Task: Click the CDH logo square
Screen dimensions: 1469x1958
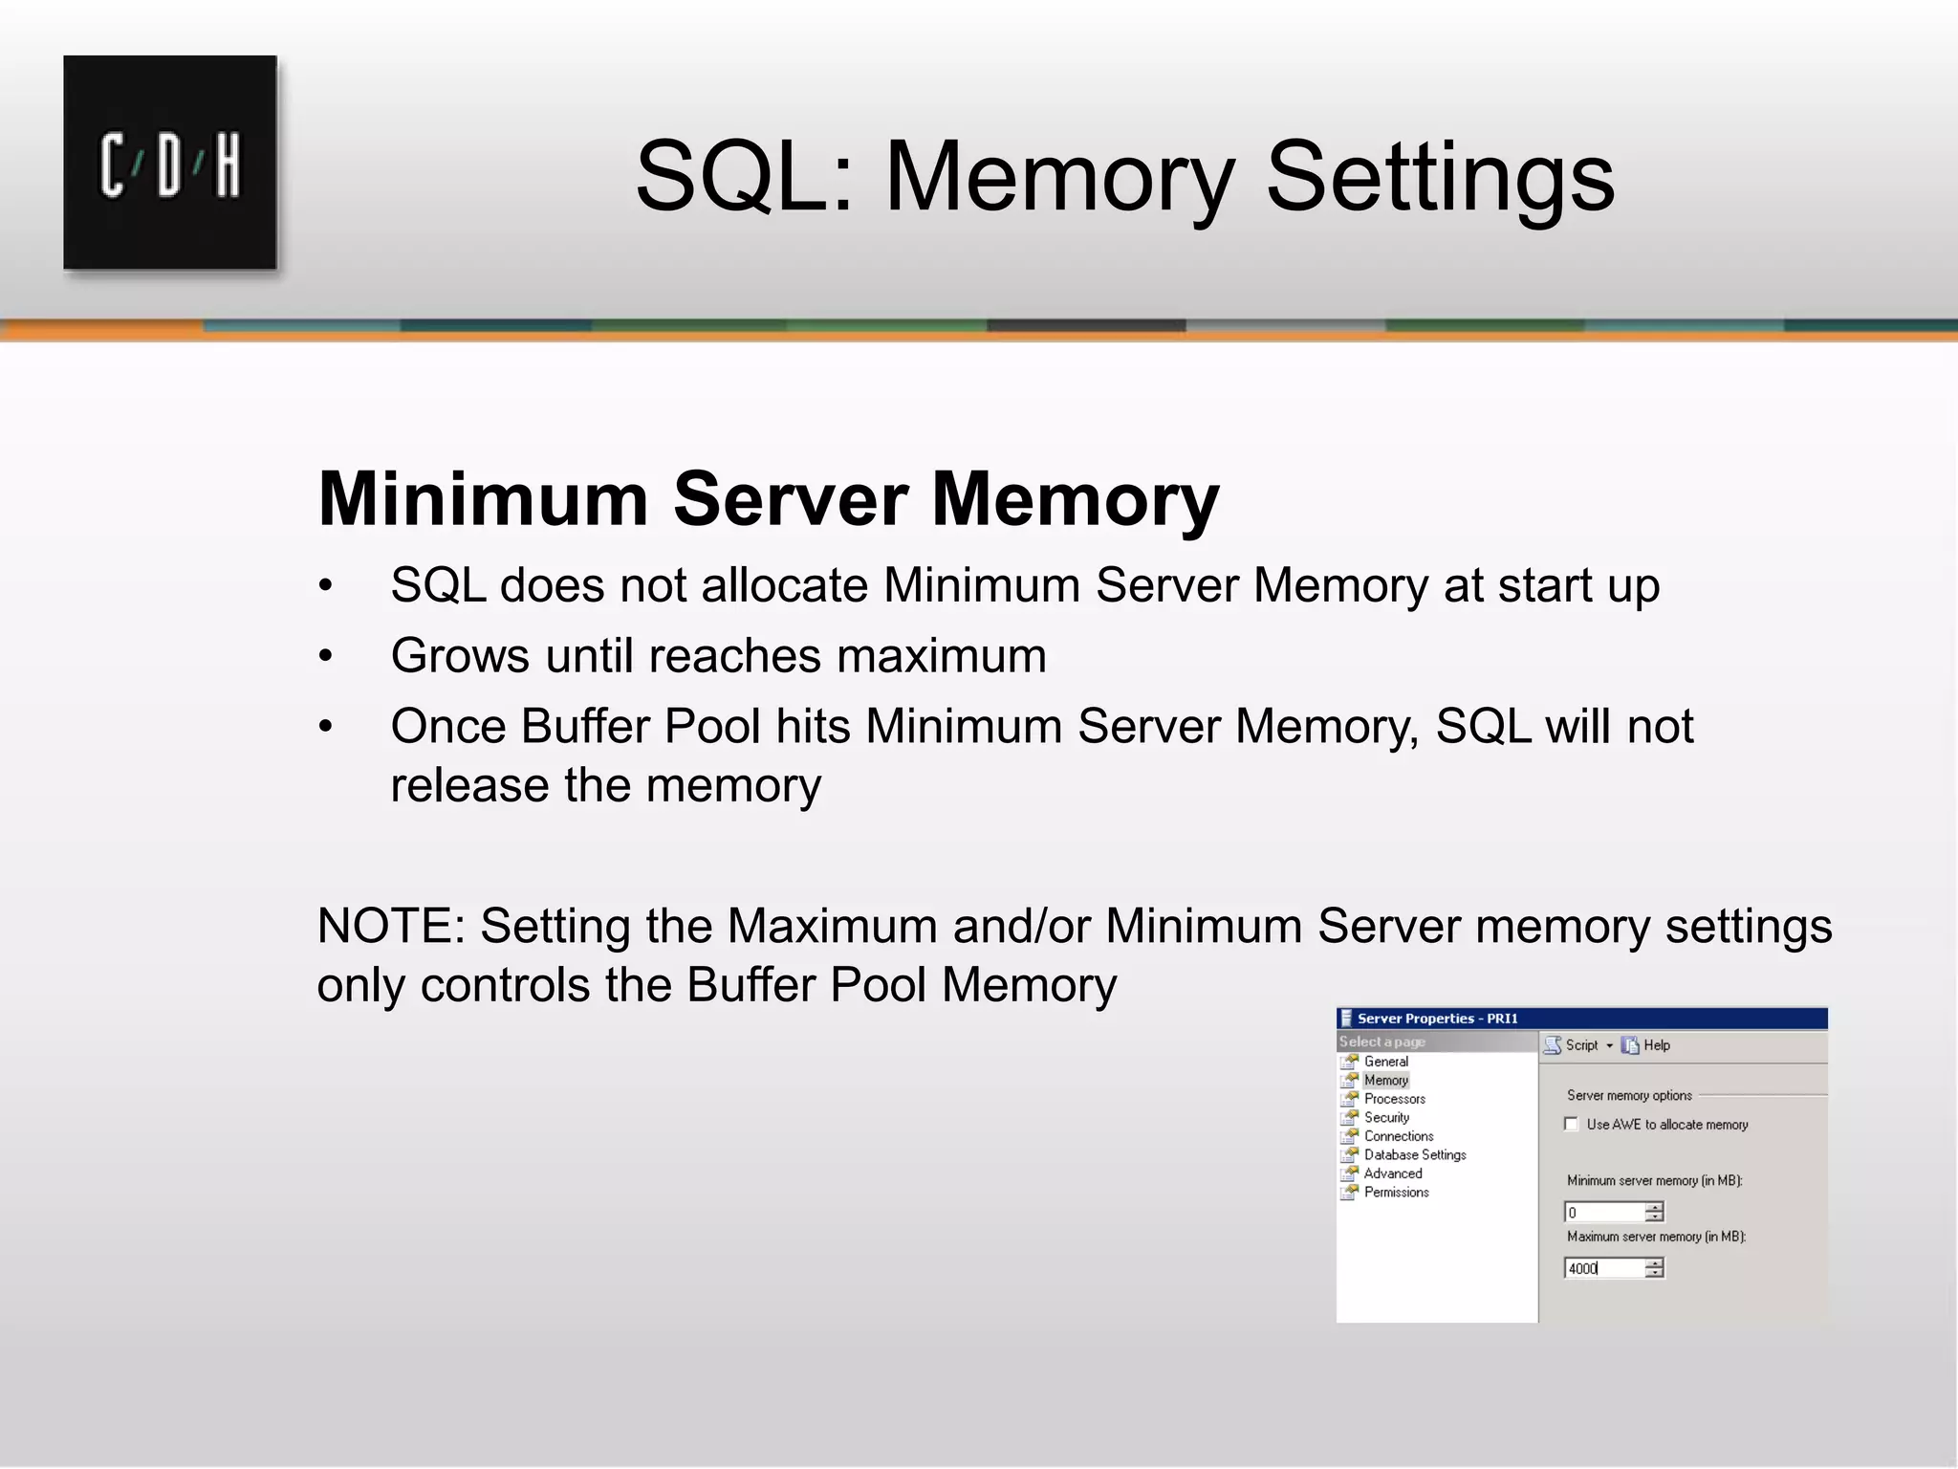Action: click(170, 163)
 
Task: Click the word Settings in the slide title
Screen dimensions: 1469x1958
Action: click(1440, 177)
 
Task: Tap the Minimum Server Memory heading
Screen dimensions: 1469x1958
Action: click(768, 499)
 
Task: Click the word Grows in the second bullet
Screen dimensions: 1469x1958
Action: click(460, 656)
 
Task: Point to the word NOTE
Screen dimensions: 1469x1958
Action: click(390, 926)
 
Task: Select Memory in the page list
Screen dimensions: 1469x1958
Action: click(1385, 1081)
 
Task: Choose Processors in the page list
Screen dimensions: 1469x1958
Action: click(1394, 1099)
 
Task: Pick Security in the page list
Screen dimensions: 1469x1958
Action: click(1386, 1118)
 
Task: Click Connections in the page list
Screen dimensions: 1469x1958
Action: click(1398, 1136)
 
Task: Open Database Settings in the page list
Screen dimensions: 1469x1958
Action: click(1414, 1155)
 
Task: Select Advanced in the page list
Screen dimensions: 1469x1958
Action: click(1392, 1173)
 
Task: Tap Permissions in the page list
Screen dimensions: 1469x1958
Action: click(1396, 1193)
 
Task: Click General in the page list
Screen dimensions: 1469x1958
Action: click(1385, 1062)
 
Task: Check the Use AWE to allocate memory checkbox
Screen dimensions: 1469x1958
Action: click(1571, 1124)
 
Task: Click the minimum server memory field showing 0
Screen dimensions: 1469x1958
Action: click(1604, 1213)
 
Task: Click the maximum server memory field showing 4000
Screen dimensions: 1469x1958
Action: click(1604, 1269)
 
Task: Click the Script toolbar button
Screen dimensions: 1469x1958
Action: click(1573, 1045)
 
